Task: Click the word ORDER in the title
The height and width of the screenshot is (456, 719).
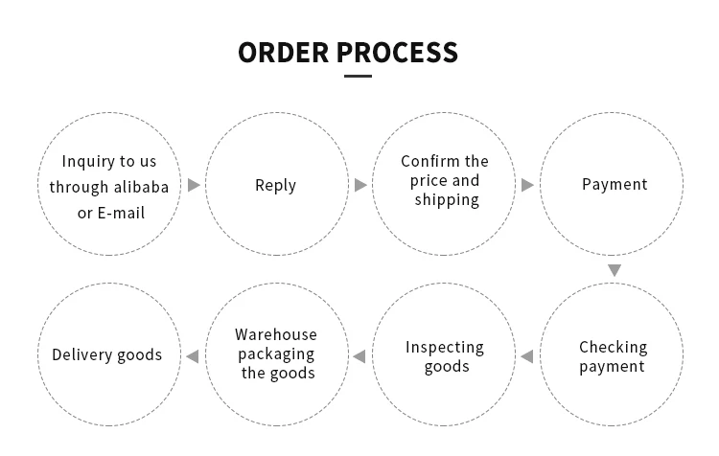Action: [284, 52]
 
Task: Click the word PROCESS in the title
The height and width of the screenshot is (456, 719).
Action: [398, 52]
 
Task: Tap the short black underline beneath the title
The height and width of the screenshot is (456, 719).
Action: [357, 76]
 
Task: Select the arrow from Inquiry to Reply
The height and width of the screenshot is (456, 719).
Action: [194, 185]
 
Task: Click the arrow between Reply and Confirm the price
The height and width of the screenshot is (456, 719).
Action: [360, 185]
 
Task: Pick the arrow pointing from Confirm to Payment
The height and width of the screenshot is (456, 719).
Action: [527, 185]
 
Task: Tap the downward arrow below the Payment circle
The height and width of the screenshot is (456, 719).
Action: [615, 271]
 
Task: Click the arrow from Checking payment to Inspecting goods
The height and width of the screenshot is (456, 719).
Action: [526, 356]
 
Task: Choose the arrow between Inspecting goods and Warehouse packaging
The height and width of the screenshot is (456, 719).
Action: [359, 356]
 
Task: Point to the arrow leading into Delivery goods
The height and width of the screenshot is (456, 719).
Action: [193, 356]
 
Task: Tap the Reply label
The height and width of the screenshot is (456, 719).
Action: [275, 185]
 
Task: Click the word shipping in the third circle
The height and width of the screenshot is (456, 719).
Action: [447, 200]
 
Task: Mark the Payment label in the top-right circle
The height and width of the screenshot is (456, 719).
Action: [615, 184]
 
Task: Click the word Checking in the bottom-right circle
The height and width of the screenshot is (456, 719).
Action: [614, 347]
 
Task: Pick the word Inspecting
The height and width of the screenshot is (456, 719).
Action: [445, 347]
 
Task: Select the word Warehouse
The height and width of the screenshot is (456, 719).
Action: [276, 334]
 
